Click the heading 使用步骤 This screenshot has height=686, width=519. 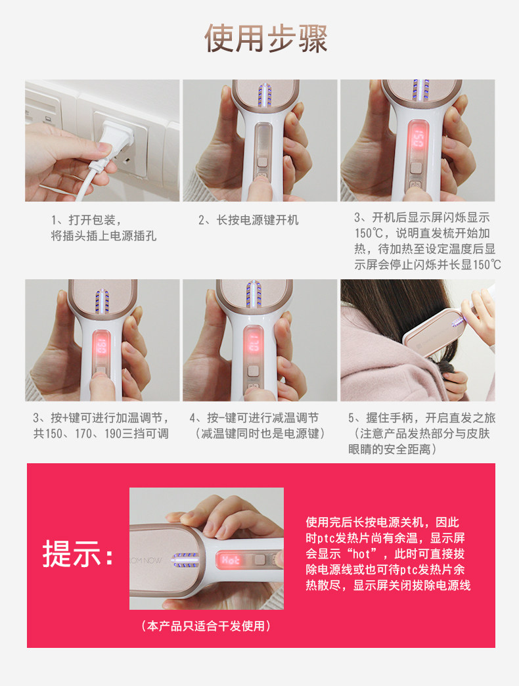point(266,39)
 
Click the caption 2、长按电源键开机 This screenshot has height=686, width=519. point(248,220)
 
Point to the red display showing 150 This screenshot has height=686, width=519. point(418,138)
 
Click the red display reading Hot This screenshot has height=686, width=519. point(230,560)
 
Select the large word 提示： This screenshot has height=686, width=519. point(78,555)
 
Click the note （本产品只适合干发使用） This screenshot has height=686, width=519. point(206,626)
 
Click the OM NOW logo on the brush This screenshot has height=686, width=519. point(146,560)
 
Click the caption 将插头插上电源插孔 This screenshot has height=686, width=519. point(104,236)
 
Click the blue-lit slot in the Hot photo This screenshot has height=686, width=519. point(185,560)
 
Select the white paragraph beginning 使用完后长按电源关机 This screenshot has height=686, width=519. point(388,553)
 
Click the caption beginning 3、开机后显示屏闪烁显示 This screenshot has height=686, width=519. point(427,241)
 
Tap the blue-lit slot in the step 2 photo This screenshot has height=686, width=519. point(265,95)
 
